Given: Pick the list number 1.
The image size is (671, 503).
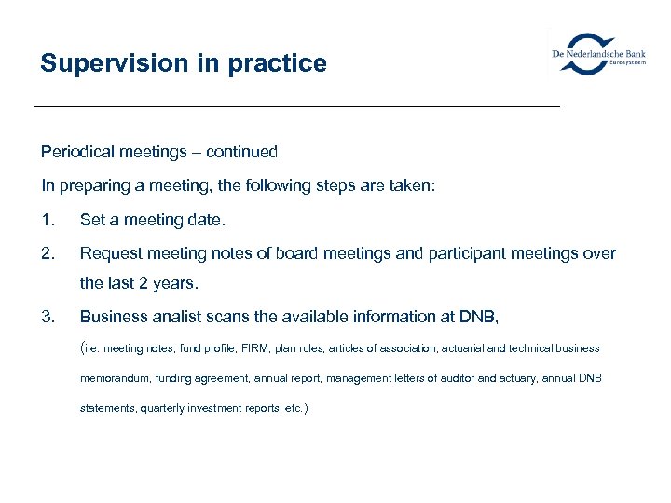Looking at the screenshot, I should (48, 220).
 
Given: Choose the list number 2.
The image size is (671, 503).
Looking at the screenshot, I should (48, 253).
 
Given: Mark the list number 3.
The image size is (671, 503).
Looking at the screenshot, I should (48, 318).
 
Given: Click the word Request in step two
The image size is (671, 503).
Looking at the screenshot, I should (111, 253).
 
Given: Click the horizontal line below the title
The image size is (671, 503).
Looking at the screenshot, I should (296, 107).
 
